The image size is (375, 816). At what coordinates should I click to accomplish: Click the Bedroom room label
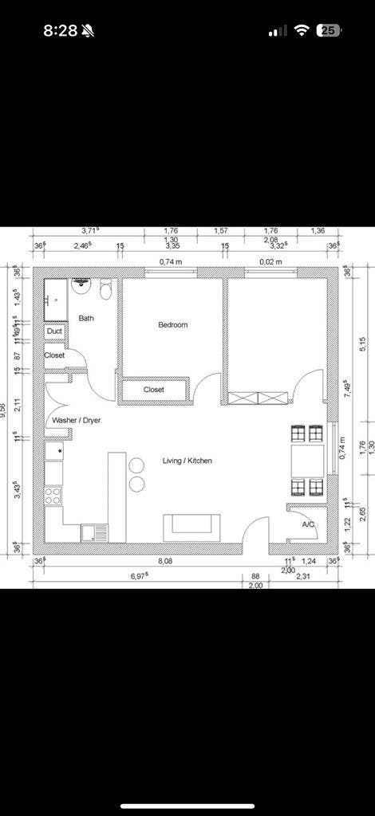(x=172, y=325)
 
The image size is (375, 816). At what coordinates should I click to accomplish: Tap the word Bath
(x=86, y=319)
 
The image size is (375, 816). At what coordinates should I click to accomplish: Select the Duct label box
(x=54, y=331)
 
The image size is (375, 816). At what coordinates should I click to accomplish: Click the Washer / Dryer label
(x=77, y=420)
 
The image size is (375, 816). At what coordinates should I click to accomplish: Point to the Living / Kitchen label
(x=187, y=461)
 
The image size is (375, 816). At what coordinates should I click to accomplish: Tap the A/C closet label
(x=308, y=525)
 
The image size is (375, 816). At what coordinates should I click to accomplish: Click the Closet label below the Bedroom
(x=154, y=390)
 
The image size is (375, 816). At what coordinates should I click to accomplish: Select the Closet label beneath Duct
(x=54, y=355)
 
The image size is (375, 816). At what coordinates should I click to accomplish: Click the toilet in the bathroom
(x=105, y=288)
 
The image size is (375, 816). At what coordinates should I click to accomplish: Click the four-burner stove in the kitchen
(x=53, y=496)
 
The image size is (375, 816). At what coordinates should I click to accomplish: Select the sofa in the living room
(x=191, y=527)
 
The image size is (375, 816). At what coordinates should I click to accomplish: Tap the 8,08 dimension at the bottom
(x=165, y=562)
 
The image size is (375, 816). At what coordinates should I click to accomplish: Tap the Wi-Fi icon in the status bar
(x=302, y=30)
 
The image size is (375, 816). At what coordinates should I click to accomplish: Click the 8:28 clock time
(x=60, y=30)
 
